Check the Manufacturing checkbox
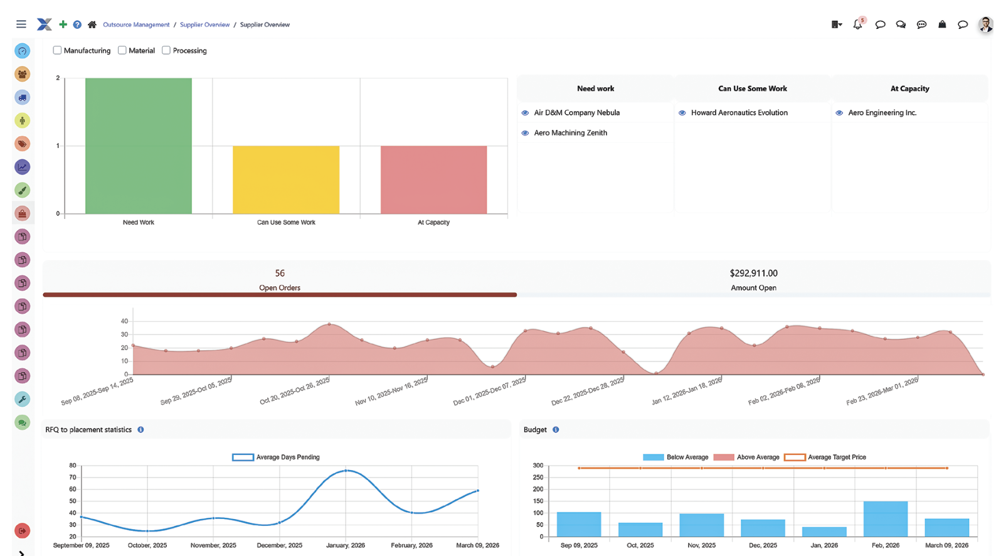[x=57, y=50]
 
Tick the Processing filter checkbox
[x=166, y=50]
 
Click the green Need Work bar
[x=138, y=146]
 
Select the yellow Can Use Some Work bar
[x=286, y=179]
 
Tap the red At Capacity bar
[x=433, y=179]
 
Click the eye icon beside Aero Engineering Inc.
[x=839, y=113]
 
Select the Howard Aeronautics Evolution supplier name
[x=739, y=113]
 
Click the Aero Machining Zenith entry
[x=570, y=133]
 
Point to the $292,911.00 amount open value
[x=753, y=274]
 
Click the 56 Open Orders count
[x=280, y=274]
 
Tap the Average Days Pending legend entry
[x=276, y=457]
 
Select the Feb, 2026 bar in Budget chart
[x=885, y=519]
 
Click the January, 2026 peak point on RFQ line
[x=346, y=471]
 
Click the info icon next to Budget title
[x=556, y=430]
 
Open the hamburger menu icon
[x=21, y=24]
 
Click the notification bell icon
[x=857, y=24]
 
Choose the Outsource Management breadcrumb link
[x=136, y=25]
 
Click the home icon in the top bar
[x=92, y=24]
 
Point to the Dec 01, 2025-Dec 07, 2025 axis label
[x=490, y=392]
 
